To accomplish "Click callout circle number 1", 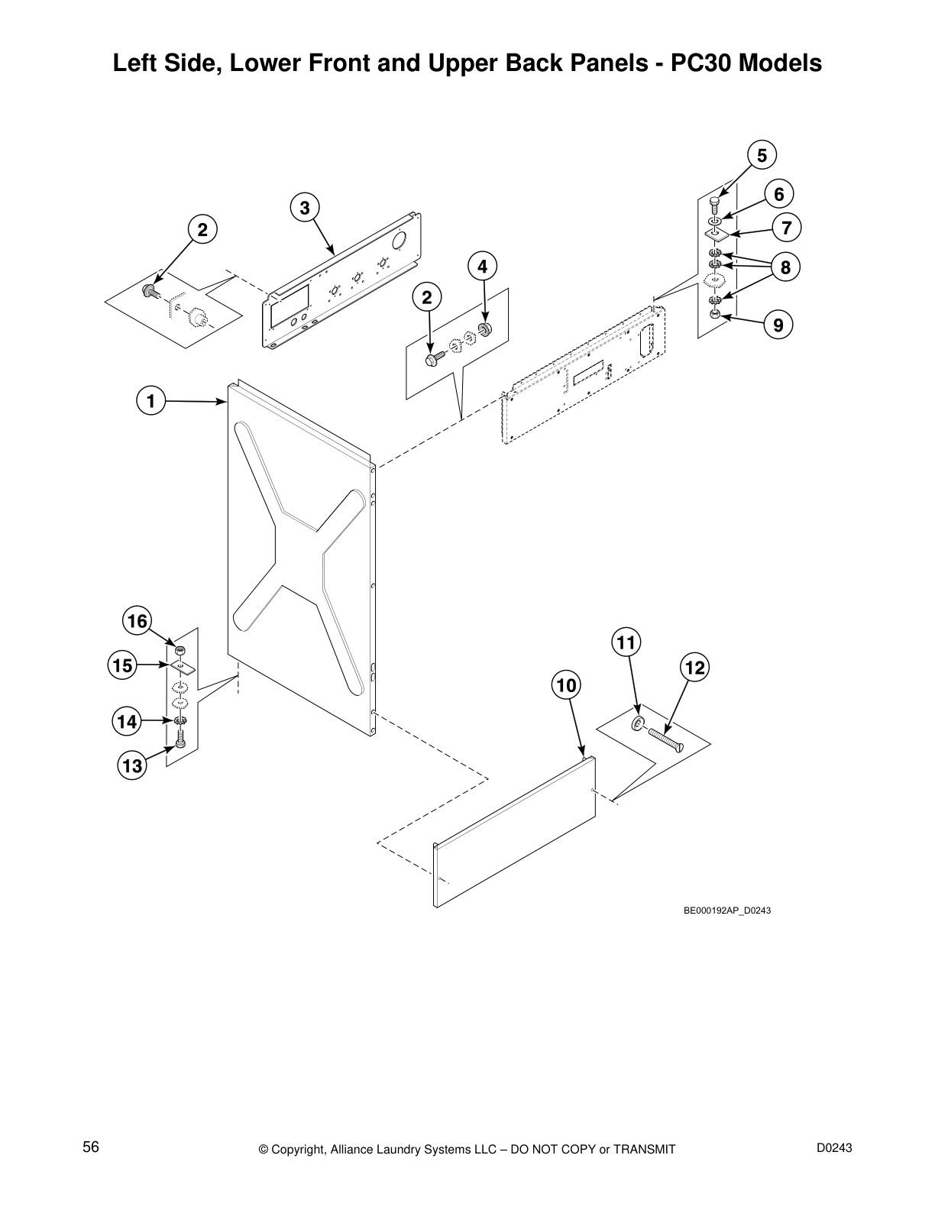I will click(151, 401).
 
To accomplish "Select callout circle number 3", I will click(304, 208).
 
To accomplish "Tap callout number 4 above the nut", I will click(482, 267).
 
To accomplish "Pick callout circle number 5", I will click(762, 155).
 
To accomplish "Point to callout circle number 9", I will click(778, 325).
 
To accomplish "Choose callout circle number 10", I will click(566, 685).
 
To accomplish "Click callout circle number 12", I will click(694, 668).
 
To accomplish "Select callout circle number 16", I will click(137, 621).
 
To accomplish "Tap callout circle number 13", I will click(132, 765).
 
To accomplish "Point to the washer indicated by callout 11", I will click(637, 723).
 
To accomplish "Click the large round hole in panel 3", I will click(399, 242).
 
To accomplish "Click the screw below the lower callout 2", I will click(431, 357).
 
